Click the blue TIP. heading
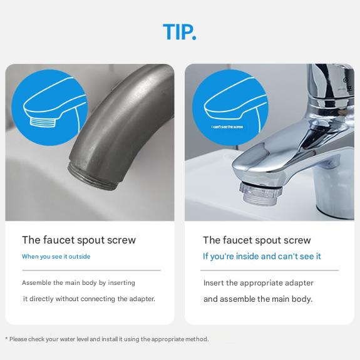[180, 32]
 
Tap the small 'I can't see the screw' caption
[227, 127]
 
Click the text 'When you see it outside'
[56, 257]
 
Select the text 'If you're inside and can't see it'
[262, 257]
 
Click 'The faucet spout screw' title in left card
[79, 240]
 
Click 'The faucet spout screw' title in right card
[257, 240]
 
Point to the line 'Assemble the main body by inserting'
[78, 283]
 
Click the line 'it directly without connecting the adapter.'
[89, 299]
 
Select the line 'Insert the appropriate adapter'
[258, 283]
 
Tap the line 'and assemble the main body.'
[257, 299]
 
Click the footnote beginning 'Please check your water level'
[108, 339]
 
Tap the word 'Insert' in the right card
[212, 283]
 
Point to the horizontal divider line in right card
[270, 270]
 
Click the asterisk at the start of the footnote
[6, 339]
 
